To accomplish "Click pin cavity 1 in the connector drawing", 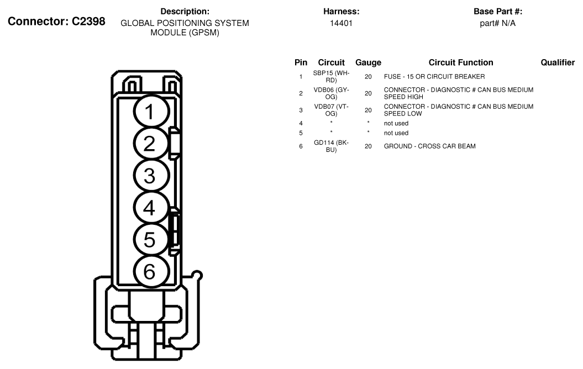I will [x=149, y=112].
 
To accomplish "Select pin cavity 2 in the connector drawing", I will [x=149, y=144].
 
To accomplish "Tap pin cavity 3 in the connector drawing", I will [x=149, y=176].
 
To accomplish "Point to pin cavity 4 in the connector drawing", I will [x=149, y=208].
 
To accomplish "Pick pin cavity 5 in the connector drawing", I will [x=149, y=240].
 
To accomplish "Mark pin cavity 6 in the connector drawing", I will [x=149, y=271].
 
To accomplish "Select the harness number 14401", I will [x=341, y=23].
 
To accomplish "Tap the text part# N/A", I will [x=497, y=23].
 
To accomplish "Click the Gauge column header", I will [x=368, y=63].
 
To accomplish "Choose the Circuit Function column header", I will [x=460, y=63].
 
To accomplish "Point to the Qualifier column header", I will [x=557, y=63].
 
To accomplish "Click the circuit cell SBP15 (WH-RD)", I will [x=331, y=77].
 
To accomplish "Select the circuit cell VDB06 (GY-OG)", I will [x=331, y=93].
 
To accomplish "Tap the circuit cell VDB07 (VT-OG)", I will [x=331, y=110].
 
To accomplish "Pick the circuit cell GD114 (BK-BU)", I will [x=331, y=146].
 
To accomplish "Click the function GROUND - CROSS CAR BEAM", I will [x=429, y=146].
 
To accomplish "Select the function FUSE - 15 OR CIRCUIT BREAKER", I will [x=434, y=77].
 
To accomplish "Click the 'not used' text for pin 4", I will [x=396, y=123].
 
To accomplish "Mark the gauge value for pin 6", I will [x=368, y=146].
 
